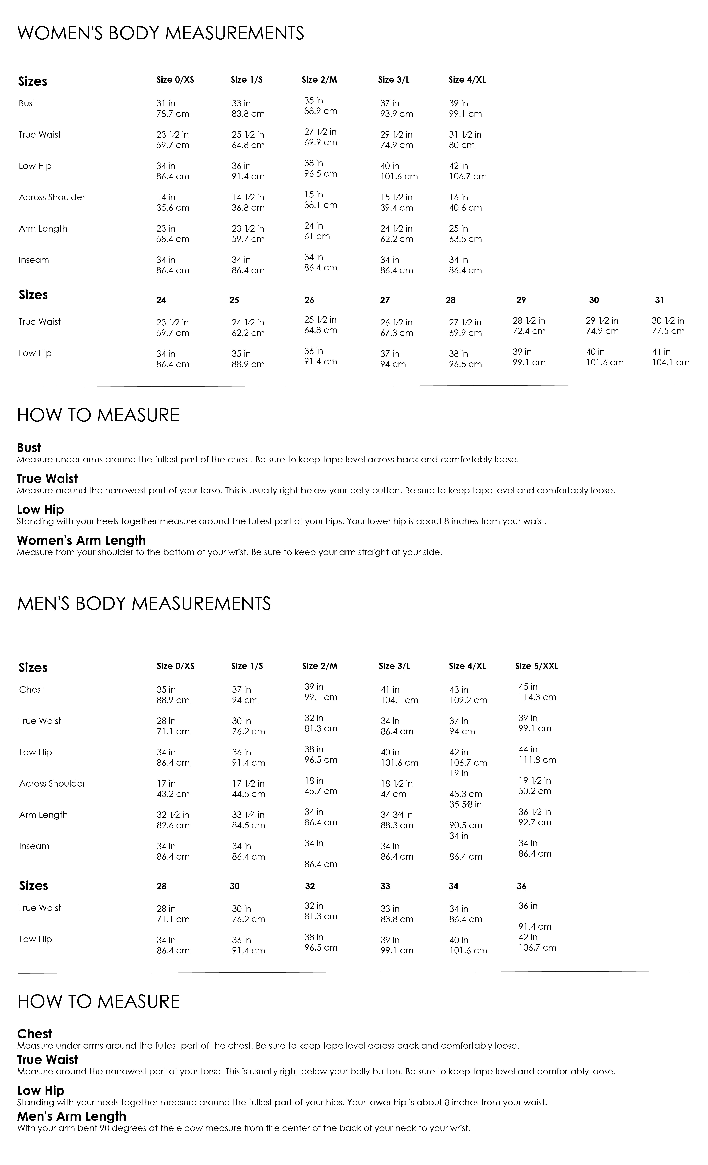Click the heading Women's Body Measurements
click(161, 34)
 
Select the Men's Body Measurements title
click(144, 604)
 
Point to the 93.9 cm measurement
click(397, 114)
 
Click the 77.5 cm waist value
click(668, 331)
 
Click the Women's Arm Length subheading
click(81, 540)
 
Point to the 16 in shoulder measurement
click(458, 197)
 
